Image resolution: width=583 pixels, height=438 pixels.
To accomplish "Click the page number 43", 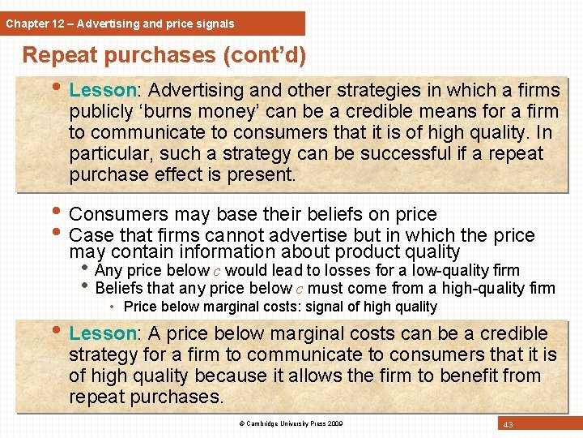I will click(508, 425).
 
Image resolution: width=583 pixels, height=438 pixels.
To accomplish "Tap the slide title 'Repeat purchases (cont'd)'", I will click(164, 55).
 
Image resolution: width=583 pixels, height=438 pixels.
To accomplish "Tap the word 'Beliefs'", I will click(119, 288).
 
